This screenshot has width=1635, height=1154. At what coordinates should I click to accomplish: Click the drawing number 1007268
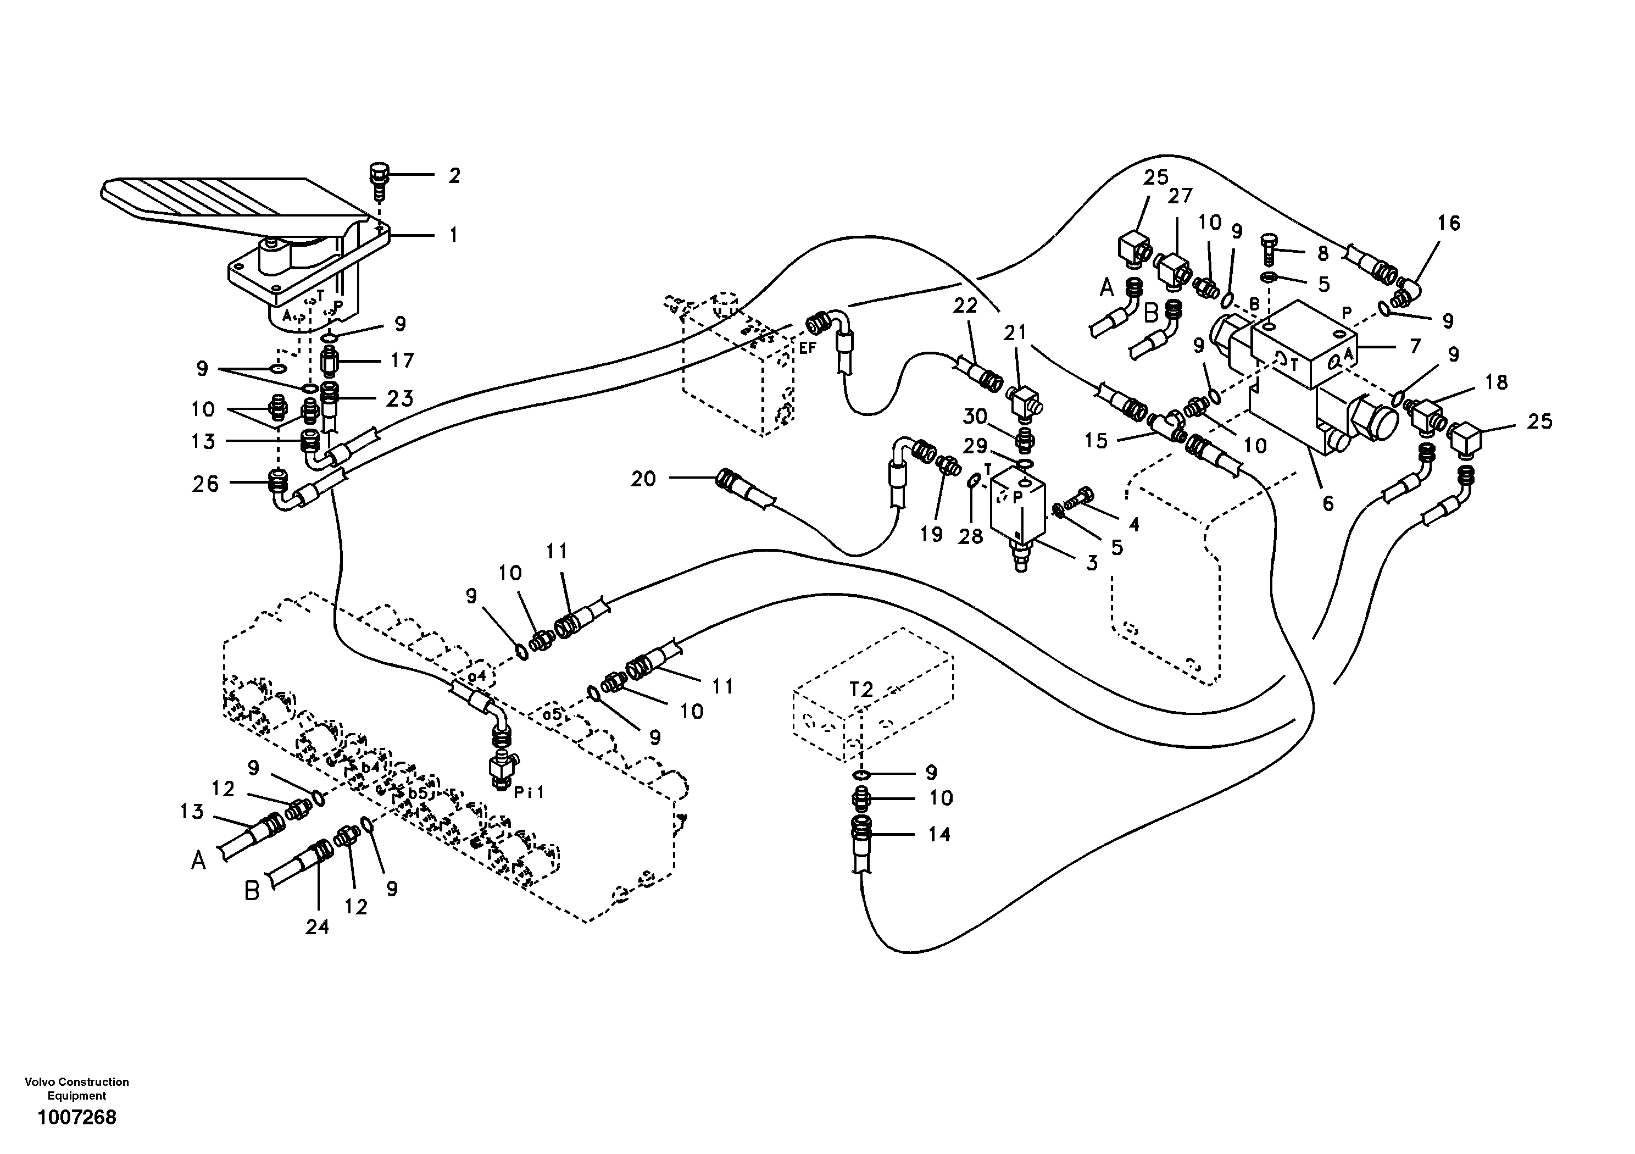click(x=77, y=1118)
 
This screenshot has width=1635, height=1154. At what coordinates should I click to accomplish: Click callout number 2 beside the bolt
click(x=454, y=175)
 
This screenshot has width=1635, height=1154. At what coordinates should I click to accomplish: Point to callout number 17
click(x=402, y=360)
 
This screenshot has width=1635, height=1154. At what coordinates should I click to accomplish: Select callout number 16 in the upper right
click(x=1448, y=224)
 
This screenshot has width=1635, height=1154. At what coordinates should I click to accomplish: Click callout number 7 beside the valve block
click(x=1414, y=346)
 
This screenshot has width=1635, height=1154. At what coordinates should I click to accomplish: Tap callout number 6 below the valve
click(x=1327, y=503)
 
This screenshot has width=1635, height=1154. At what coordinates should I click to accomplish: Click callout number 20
click(x=643, y=479)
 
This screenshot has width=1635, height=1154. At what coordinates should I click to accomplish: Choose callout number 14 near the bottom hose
click(x=939, y=834)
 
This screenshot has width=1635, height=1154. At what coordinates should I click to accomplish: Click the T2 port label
click(x=861, y=689)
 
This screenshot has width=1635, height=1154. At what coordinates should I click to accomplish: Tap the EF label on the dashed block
click(x=807, y=348)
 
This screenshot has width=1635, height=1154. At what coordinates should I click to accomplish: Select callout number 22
click(x=966, y=306)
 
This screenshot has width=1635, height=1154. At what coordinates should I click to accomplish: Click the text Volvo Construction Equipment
click(x=77, y=1089)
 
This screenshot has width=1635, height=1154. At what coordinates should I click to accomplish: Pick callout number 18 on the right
click(x=1497, y=382)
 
